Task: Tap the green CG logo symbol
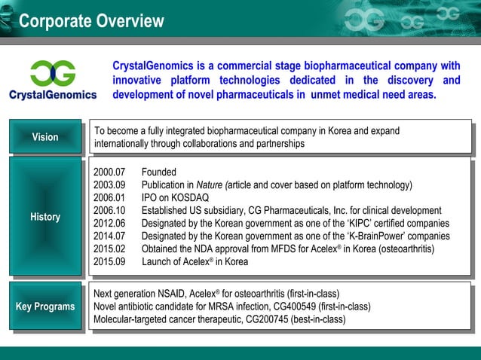click(x=53, y=74)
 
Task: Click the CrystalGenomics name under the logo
click(x=53, y=95)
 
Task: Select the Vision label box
click(x=44, y=136)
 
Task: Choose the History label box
click(x=44, y=217)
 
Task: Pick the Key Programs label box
click(x=44, y=307)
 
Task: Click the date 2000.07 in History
click(x=109, y=172)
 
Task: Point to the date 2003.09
click(x=109, y=185)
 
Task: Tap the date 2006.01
click(x=109, y=197)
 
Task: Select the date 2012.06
click(x=109, y=224)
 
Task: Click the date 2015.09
click(x=109, y=262)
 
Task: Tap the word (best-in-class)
click(x=317, y=319)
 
